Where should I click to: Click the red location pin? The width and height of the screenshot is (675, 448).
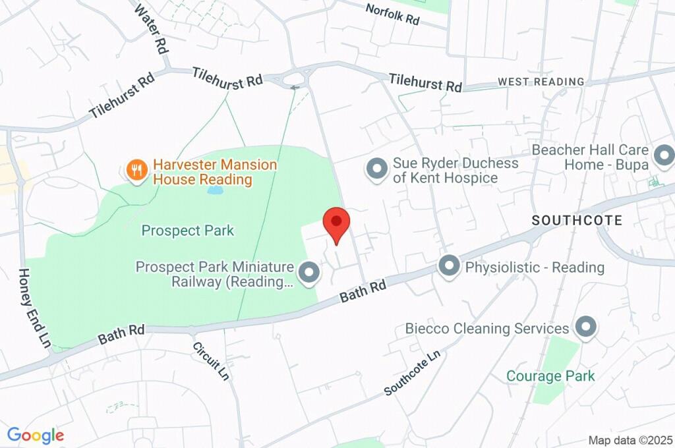[x=337, y=224]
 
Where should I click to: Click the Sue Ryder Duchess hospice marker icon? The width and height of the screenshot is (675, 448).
[x=377, y=170]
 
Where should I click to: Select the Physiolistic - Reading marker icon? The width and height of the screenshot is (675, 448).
[x=449, y=267]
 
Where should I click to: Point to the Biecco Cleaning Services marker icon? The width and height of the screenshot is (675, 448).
[x=585, y=327]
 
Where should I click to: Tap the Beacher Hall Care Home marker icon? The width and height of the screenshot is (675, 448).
[x=664, y=157]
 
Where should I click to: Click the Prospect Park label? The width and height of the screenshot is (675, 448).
[x=188, y=231]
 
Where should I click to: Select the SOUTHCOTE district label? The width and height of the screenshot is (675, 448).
[x=577, y=220]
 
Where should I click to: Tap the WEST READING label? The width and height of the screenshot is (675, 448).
[x=541, y=82]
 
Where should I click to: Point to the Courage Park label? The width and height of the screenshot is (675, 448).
[x=550, y=376]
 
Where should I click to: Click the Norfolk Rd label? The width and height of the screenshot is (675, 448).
[x=392, y=14]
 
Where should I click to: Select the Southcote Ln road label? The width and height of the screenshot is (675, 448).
[x=412, y=373]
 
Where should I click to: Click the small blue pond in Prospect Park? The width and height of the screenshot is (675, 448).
[x=215, y=190]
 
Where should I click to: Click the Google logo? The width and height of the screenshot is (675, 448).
[x=36, y=435]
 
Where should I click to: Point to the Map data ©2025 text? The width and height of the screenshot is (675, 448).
[x=630, y=440]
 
